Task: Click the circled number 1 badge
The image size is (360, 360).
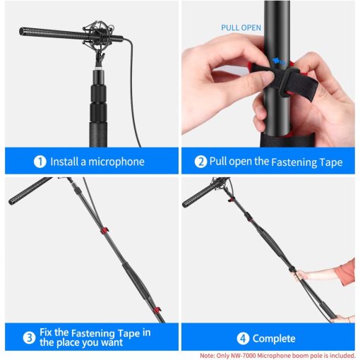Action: point(40,162)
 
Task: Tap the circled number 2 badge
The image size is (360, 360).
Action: point(200,162)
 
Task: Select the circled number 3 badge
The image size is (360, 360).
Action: point(29,337)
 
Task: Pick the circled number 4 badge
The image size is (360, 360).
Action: point(243,339)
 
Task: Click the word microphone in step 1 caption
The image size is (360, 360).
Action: point(116,162)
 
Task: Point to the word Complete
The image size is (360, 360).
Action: point(274,339)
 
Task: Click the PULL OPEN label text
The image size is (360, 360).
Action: point(241,28)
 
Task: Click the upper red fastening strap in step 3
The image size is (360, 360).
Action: point(104,230)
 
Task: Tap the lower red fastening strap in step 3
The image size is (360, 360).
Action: point(157,310)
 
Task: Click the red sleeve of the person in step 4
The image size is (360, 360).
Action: point(345,272)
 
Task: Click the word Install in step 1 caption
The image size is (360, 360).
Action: point(64,162)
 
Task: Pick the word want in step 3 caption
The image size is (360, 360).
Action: point(112,342)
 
